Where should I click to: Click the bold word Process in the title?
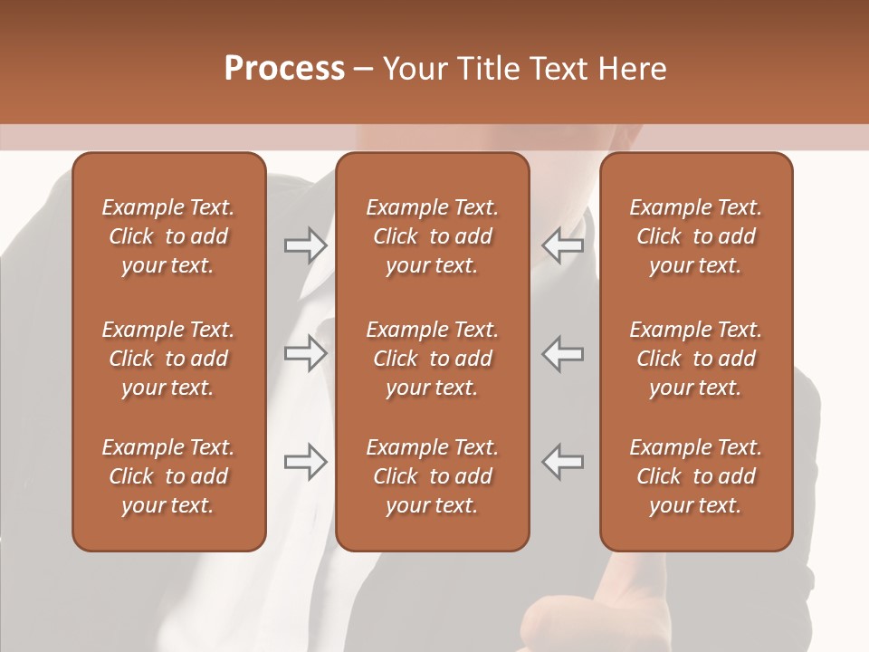(284, 69)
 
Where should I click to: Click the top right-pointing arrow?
(305, 245)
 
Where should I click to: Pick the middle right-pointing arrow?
(305, 353)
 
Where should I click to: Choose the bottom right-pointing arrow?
(305, 462)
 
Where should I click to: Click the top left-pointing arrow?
(562, 245)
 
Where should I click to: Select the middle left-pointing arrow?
(562, 353)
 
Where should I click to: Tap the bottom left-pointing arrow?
(562, 462)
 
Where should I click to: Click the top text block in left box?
(168, 236)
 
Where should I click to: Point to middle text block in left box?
(168, 359)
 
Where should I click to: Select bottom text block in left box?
(168, 476)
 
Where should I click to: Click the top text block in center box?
(432, 236)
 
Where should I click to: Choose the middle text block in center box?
(432, 359)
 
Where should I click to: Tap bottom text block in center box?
(432, 476)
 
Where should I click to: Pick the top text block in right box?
(695, 236)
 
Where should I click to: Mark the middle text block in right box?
(695, 359)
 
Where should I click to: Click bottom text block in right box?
(695, 476)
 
